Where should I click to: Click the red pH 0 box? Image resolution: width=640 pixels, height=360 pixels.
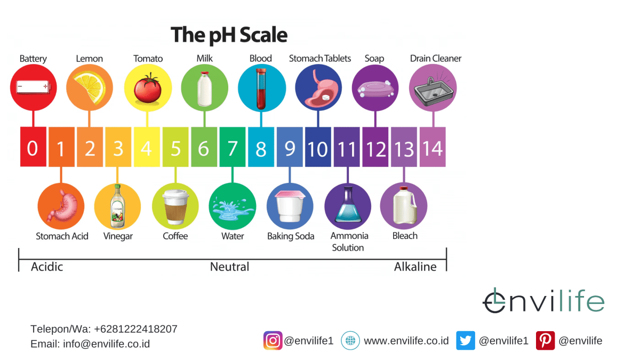pos(33,147)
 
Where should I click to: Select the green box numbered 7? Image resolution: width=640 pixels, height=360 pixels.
pos(232,147)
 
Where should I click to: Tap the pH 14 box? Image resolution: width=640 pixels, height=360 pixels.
pos(433,147)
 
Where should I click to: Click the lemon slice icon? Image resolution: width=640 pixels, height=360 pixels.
pos(90,87)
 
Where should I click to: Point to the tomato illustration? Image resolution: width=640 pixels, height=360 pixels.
pos(147,89)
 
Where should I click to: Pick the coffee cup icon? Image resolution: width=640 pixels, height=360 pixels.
pos(175,206)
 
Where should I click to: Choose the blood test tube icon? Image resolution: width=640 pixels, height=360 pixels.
pos(261,88)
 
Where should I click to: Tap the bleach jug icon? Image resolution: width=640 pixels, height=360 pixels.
pos(404,206)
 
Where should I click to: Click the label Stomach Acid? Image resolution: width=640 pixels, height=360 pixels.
pos(62,236)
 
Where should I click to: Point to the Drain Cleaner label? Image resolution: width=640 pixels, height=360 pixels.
pos(436,59)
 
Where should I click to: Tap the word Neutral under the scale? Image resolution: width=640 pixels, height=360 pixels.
pos(229,267)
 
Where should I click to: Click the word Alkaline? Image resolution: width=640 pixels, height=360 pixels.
pos(415,267)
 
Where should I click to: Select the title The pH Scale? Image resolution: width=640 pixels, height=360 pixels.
pos(229,35)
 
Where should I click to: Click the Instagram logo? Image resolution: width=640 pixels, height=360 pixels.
pos(273,340)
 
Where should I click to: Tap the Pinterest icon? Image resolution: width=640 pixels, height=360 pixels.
pos(545,340)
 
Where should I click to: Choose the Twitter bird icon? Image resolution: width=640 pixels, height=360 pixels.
pos(465,340)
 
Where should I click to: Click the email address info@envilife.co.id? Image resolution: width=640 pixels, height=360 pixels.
pos(106,344)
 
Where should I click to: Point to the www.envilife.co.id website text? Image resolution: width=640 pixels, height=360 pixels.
pos(406,340)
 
